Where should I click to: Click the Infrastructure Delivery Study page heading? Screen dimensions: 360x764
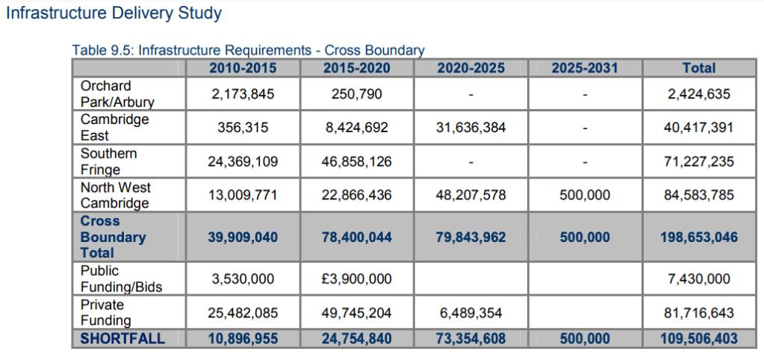tap(114, 13)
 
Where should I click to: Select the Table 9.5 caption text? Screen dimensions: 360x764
tap(248, 51)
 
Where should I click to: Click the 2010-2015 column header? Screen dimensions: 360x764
tap(243, 68)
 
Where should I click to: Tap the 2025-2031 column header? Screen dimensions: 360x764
tap(585, 68)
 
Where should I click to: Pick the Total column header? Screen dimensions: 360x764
tap(698, 68)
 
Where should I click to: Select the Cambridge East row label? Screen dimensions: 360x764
tap(115, 128)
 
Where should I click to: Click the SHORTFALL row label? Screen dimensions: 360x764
tap(122, 339)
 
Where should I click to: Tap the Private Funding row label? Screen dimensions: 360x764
tap(105, 313)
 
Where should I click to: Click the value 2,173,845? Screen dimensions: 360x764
tap(243, 95)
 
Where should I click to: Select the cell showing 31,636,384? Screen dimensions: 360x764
tap(470, 128)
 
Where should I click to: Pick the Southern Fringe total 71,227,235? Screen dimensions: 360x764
tap(698, 161)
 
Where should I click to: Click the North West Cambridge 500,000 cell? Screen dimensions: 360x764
tap(585, 196)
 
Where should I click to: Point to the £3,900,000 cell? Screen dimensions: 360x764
tap(356, 279)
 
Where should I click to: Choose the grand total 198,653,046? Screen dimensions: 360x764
tap(698, 238)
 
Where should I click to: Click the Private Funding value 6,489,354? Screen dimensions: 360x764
tap(470, 313)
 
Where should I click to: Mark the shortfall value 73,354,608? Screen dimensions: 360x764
tap(470, 339)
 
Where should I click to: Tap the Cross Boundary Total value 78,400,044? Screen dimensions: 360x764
tap(356, 238)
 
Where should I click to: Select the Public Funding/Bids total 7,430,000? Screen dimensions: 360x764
tap(698, 279)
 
